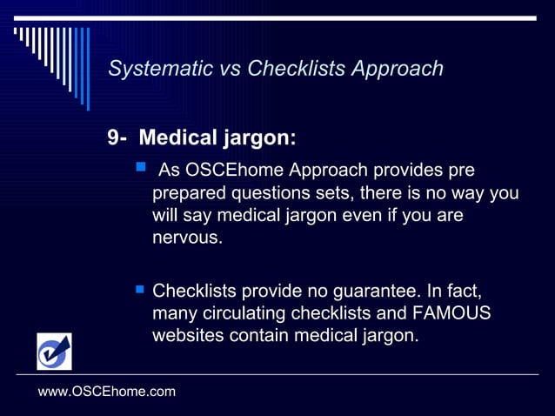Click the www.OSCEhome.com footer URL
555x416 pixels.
coord(107,392)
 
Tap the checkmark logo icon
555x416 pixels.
coord(54,352)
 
